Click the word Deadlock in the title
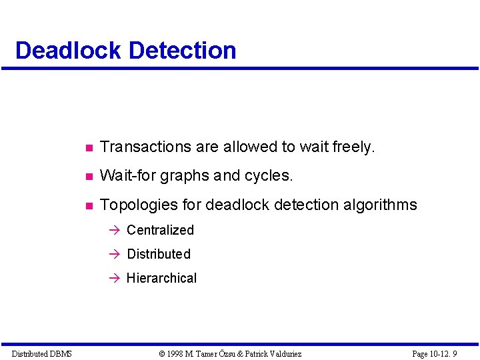point(68,51)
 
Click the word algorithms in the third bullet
point(379,205)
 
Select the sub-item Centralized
point(160,230)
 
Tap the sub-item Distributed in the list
point(159,254)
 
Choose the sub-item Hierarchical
point(161,278)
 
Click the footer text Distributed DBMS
point(41,353)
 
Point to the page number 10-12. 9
point(444,353)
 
